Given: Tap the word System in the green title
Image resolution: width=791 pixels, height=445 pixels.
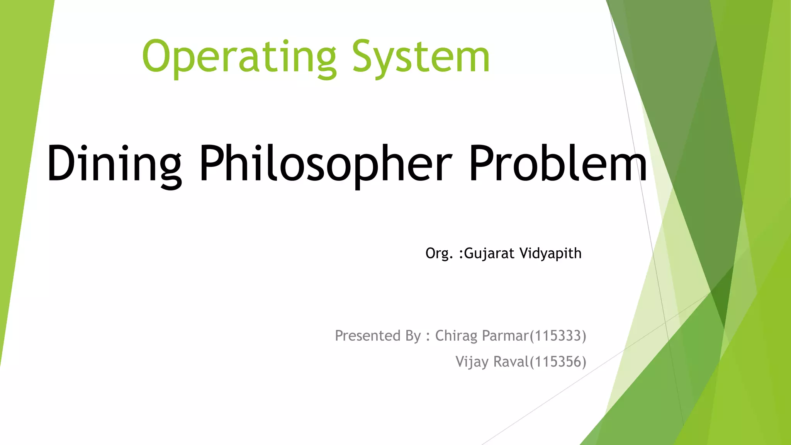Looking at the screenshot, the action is tap(421, 58).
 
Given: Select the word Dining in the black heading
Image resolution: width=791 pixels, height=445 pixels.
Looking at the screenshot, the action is tap(114, 164).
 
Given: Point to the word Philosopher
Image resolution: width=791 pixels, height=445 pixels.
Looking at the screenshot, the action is tap(325, 164).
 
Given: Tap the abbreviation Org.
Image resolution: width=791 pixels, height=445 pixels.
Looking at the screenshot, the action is tap(439, 254).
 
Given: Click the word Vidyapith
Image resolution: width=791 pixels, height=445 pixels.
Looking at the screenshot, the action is tap(550, 254).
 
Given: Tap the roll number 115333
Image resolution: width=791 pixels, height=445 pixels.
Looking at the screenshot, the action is tap(558, 336).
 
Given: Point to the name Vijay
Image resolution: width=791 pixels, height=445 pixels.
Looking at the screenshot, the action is tap(472, 362).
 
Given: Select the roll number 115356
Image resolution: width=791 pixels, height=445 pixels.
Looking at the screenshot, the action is tap(558, 362).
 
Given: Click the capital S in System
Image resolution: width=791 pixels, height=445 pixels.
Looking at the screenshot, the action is tap(363, 57).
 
